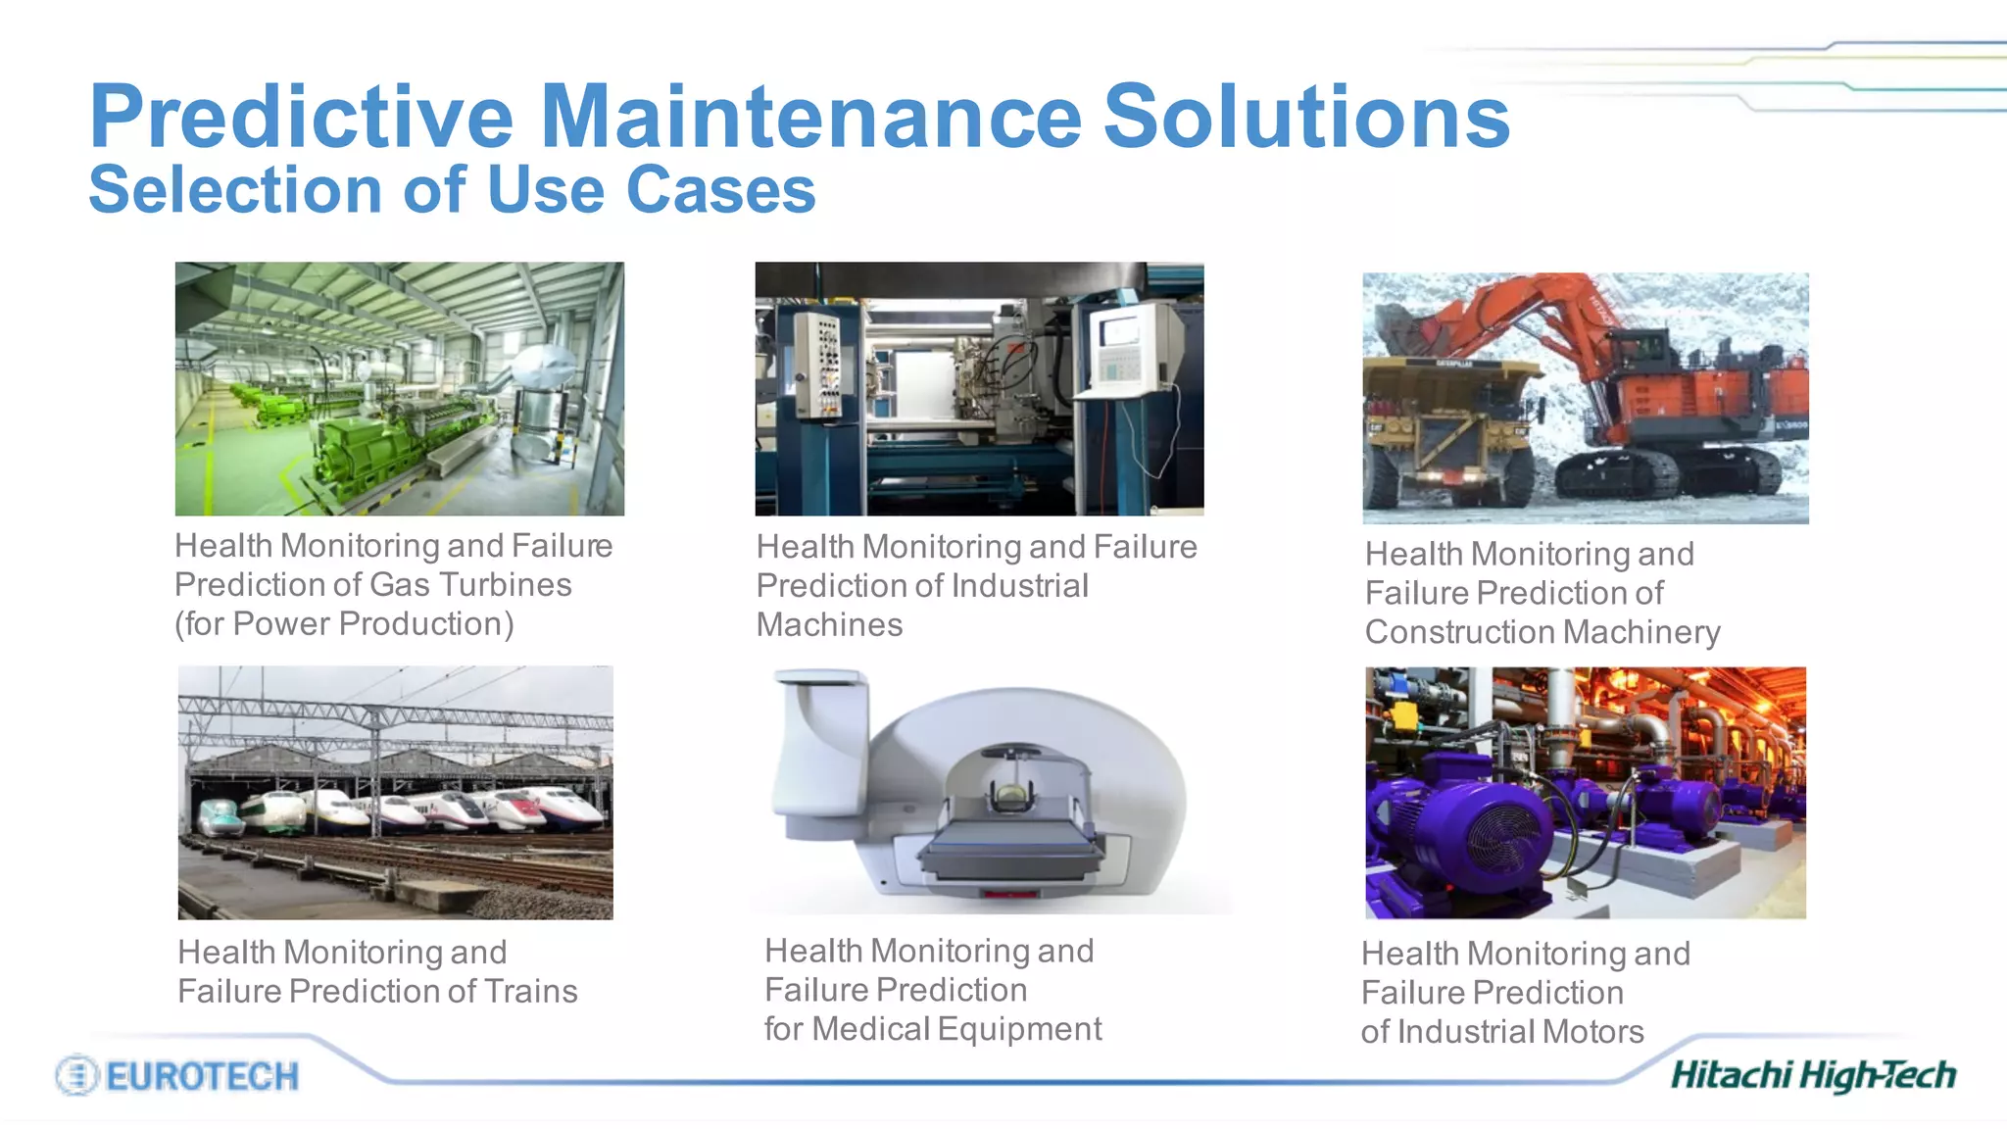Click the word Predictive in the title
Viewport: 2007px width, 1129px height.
[x=301, y=117]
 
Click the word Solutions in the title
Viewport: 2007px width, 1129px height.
[x=1306, y=117]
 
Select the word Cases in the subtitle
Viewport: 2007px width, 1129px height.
[x=720, y=189]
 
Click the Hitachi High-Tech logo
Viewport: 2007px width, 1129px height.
[x=1813, y=1075]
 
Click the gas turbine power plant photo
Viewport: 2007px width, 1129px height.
[x=399, y=388]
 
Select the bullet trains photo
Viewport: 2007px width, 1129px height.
[x=395, y=792]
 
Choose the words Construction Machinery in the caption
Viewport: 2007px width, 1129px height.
[x=1542, y=632]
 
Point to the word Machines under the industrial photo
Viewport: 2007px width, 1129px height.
[x=829, y=625]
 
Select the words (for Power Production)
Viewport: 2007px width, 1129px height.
[x=344, y=624]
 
